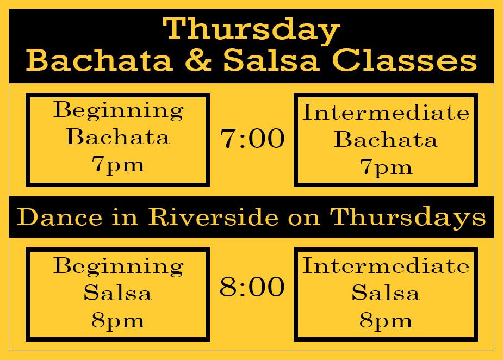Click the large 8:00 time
point(252,287)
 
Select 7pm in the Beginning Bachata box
point(118,164)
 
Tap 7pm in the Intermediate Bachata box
point(386,167)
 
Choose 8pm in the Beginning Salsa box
point(118,320)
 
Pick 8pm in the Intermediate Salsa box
point(386,320)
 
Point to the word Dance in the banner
point(54,218)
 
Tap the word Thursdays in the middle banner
point(408,218)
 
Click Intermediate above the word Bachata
point(386,113)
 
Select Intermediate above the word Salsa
point(386,266)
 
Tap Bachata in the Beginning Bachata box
point(118,137)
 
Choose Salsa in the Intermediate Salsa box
point(386,293)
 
